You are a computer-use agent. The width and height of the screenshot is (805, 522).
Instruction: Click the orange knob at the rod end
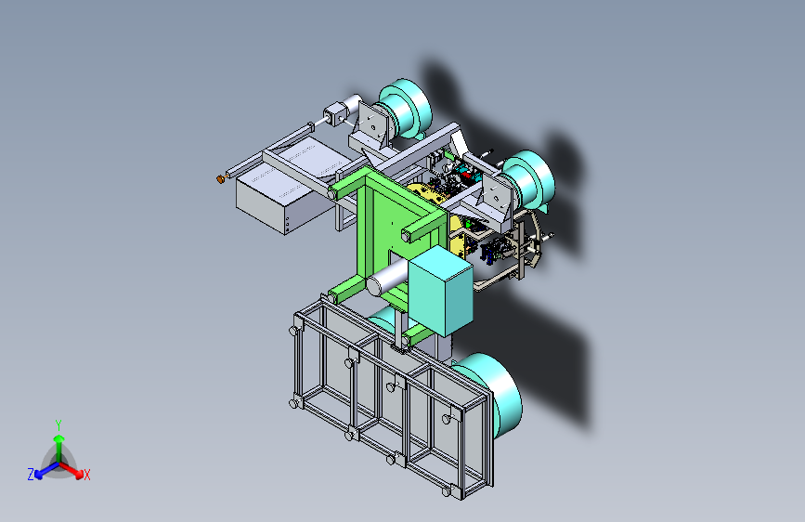[221, 178]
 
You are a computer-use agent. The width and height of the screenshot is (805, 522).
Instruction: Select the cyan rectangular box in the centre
[440, 291]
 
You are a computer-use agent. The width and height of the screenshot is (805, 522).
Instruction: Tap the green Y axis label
[58, 425]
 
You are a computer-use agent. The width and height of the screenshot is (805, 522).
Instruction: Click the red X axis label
[86, 476]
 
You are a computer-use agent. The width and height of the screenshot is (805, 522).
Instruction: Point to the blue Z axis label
[32, 475]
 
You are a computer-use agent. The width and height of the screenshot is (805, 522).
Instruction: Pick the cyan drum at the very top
[405, 109]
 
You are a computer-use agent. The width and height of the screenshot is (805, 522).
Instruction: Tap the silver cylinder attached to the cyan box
[387, 279]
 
